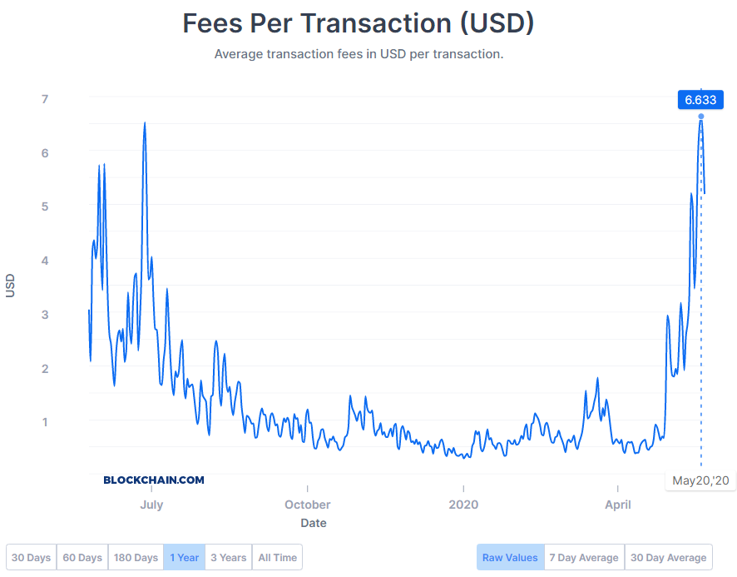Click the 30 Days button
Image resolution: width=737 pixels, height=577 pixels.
(x=32, y=557)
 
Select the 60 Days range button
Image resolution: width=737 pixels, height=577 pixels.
(x=82, y=557)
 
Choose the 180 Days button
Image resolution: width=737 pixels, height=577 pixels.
(x=136, y=557)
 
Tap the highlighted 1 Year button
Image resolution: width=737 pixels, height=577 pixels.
(x=184, y=557)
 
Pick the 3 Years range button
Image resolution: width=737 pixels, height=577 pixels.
(x=229, y=557)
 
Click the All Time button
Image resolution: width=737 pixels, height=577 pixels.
(x=277, y=557)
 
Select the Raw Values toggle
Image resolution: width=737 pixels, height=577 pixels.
(x=510, y=557)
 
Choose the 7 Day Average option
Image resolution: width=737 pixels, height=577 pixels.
(x=584, y=557)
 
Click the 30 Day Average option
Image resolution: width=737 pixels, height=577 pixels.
(x=669, y=557)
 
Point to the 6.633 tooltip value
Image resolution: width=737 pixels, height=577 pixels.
(x=700, y=100)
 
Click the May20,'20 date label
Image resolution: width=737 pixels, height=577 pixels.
(x=700, y=480)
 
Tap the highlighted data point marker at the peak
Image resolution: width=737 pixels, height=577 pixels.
(x=701, y=117)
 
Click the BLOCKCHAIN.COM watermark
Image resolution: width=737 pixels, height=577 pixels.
(x=154, y=480)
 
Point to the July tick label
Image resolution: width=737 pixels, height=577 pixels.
(x=151, y=505)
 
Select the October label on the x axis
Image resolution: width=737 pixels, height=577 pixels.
(x=308, y=505)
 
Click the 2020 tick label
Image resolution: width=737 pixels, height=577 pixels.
(x=463, y=505)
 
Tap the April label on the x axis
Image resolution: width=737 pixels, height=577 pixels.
(x=618, y=505)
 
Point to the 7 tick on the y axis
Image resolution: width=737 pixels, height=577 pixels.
(x=45, y=99)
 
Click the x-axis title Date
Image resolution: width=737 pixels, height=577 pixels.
(x=314, y=524)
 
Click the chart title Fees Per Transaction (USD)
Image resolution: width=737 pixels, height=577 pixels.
(x=359, y=23)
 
